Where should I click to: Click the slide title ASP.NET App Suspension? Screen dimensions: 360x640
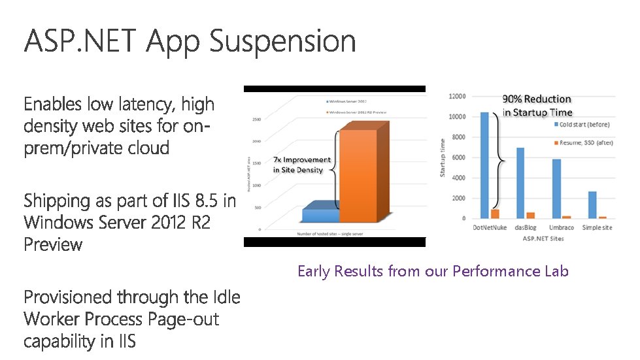point(190,42)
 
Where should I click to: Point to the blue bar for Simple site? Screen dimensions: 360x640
point(592,205)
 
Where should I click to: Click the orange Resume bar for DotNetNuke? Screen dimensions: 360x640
point(495,214)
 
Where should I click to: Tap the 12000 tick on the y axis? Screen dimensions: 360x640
point(457,97)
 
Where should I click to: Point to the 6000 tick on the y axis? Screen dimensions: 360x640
point(458,157)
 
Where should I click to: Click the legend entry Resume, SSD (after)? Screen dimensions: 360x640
point(584,142)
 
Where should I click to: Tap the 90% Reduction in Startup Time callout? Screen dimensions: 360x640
point(537,106)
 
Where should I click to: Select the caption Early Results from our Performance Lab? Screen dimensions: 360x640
point(433,271)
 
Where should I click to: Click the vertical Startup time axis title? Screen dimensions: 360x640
point(443,157)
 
